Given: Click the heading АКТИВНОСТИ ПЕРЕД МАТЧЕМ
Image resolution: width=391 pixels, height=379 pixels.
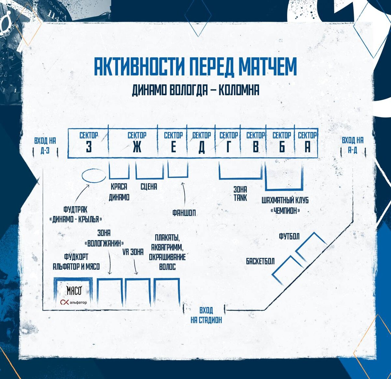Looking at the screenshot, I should click(195, 66).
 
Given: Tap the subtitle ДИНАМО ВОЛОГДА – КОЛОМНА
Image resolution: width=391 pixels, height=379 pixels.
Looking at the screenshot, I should click(195, 90).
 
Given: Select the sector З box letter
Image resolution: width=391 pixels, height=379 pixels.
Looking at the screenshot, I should click(89, 147).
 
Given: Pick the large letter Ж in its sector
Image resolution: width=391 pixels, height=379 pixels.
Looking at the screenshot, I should click(137, 147).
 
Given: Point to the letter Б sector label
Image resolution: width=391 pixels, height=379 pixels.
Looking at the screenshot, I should click(282, 147).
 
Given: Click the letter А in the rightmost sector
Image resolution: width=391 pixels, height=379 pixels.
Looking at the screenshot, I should click(307, 147).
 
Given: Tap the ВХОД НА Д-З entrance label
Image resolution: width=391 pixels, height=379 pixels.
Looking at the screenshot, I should click(45, 145).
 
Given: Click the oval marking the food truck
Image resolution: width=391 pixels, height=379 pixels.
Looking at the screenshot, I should click(94, 176).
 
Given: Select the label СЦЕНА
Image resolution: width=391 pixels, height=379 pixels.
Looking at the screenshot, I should click(149, 187).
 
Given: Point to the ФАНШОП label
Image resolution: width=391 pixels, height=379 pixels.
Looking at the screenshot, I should click(184, 213).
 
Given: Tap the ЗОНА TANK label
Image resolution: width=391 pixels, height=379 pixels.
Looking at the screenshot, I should click(240, 193).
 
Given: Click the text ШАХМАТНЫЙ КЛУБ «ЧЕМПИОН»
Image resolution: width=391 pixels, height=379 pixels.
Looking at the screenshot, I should click(285, 205).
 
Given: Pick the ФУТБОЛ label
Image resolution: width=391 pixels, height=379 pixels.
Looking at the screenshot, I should click(289, 237).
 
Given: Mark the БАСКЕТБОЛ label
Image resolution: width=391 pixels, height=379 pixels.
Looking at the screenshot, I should click(260, 261).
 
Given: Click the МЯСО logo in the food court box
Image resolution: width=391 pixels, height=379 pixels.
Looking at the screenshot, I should click(74, 291).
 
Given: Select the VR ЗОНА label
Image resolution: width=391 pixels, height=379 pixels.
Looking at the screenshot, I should click(133, 252).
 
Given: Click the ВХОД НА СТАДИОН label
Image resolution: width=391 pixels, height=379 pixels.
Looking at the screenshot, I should click(206, 315).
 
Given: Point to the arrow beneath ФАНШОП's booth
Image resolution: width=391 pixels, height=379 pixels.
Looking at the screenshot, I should click(184, 195).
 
